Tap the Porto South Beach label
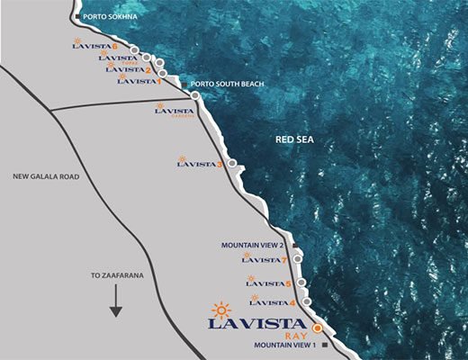[x=228, y=85]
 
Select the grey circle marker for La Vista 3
[x=232, y=164]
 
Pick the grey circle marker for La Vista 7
[x=298, y=260]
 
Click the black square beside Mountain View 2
[x=294, y=244]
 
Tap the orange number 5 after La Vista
[x=288, y=284]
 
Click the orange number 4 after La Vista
[x=292, y=303]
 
